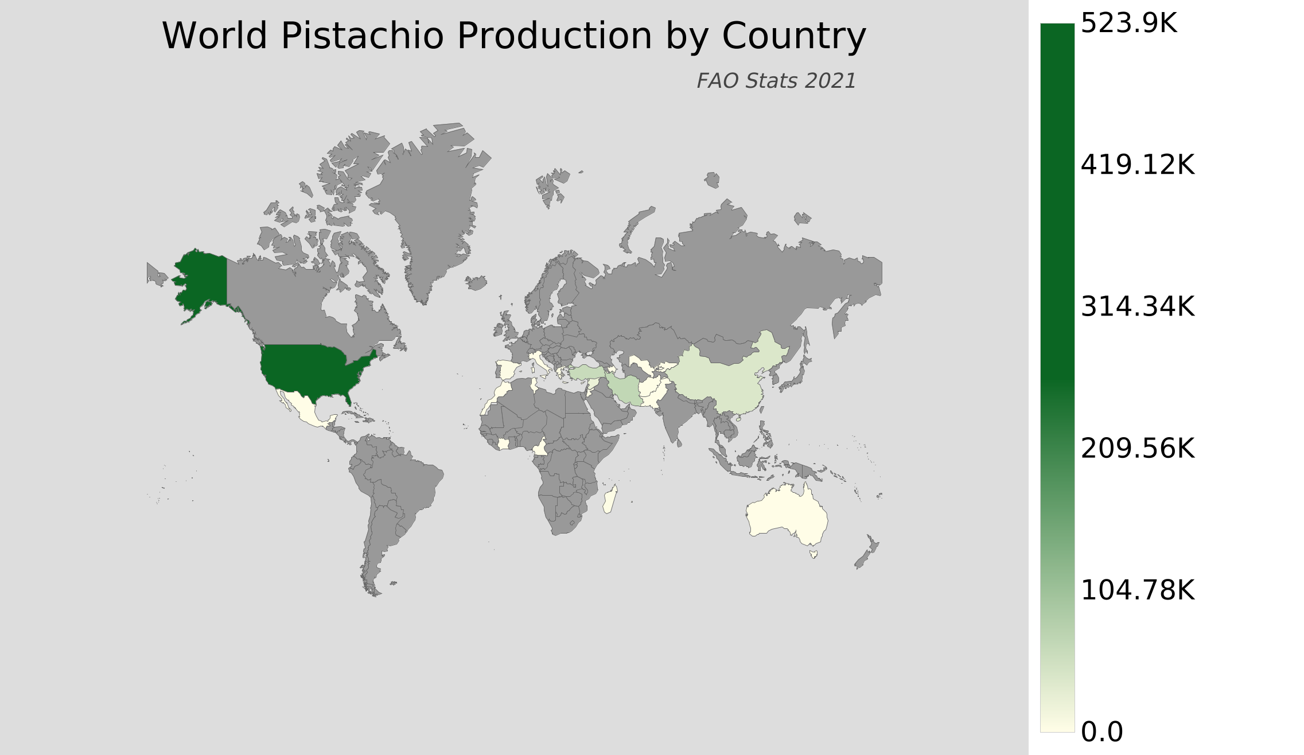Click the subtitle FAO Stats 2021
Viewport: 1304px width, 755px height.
[776, 81]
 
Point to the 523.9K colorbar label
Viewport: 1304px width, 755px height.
[1128, 24]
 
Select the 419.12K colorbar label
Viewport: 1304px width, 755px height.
[1137, 165]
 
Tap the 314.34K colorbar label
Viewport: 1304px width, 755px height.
[1137, 307]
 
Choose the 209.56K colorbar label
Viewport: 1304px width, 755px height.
[1137, 449]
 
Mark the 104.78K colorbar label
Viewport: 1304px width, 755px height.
[1137, 590]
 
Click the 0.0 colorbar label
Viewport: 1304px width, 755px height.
[1101, 732]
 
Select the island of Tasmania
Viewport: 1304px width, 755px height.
[813, 554]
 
